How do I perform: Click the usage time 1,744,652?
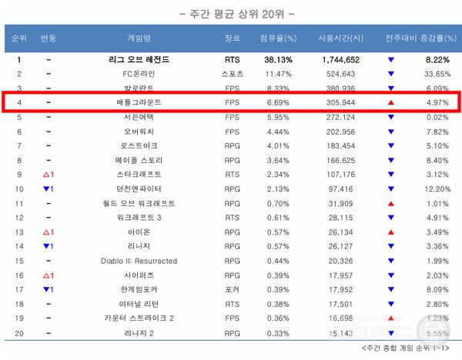click(x=339, y=59)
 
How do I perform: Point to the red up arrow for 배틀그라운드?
click(x=391, y=103)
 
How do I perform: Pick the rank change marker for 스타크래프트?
click(x=48, y=175)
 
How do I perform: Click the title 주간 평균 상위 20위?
click(x=231, y=13)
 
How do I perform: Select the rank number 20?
click(x=18, y=333)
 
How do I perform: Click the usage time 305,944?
click(x=339, y=103)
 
